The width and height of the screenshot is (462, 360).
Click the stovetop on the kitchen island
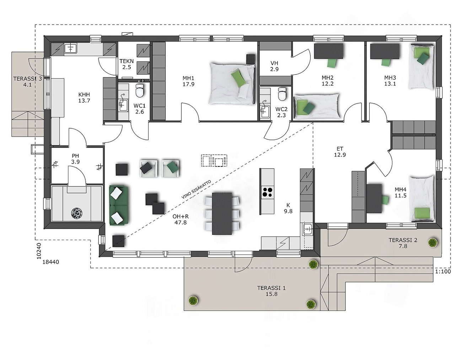[x=267, y=192]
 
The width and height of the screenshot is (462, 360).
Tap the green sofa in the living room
[x=119, y=205]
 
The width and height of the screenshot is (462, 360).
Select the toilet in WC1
[x=140, y=91]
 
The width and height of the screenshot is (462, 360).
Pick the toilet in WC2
[x=282, y=94]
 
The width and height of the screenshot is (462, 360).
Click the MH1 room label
[x=188, y=81]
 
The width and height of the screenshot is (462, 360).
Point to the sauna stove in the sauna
[x=76, y=213]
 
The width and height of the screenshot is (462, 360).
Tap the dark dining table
[x=222, y=213]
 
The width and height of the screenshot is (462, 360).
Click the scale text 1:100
[x=443, y=271]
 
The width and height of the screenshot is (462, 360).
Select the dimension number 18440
[x=50, y=262]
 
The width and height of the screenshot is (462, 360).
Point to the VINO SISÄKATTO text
[x=196, y=190]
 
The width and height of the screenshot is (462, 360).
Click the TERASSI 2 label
[x=403, y=240]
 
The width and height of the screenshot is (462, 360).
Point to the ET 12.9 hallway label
[x=340, y=152]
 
